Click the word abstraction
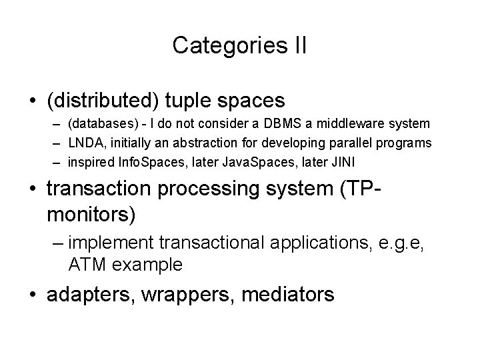tap(195, 144)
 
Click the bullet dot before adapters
tap(33, 294)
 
